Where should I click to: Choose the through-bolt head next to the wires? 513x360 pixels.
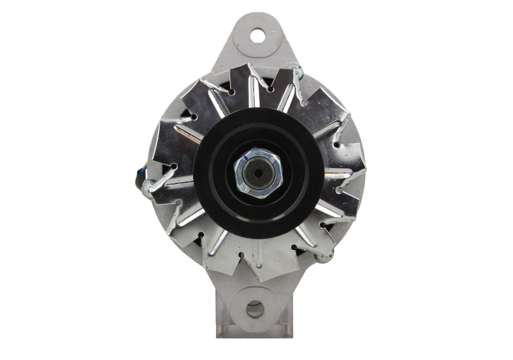click(147, 187)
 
